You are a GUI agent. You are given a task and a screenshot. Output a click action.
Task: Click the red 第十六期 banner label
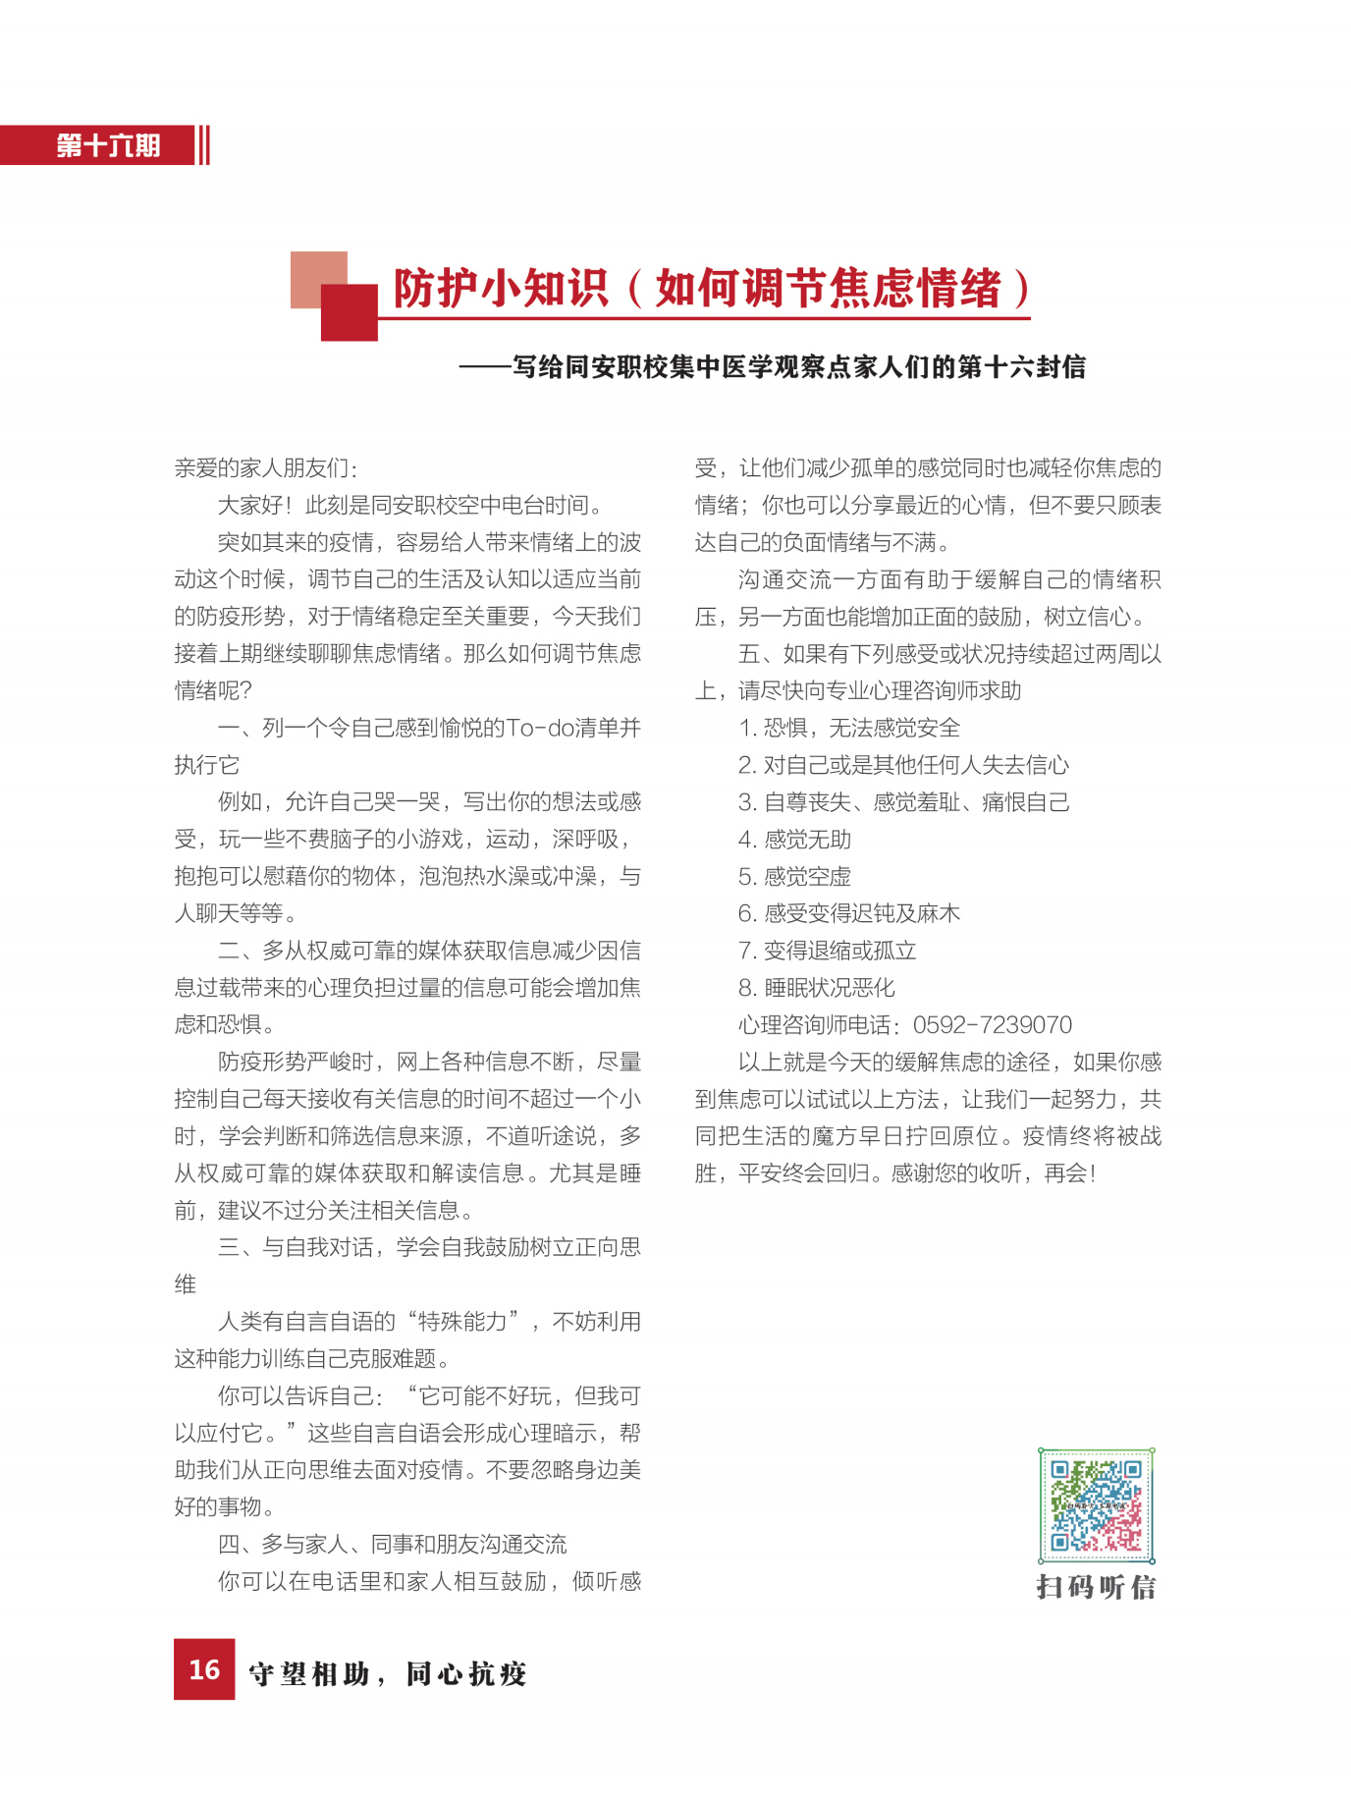(107, 145)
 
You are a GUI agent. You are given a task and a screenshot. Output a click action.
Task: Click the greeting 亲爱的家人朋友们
(265, 468)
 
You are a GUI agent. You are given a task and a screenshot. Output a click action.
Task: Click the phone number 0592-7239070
(992, 1025)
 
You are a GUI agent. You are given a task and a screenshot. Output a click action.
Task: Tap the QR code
(1096, 1504)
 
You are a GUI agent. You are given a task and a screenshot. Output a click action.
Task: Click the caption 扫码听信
(1096, 1587)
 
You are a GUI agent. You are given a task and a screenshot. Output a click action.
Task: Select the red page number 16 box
(204, 1668)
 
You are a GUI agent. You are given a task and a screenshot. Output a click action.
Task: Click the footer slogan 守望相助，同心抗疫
(388, 1673)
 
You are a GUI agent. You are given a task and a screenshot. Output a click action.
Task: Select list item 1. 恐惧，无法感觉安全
(848, 728)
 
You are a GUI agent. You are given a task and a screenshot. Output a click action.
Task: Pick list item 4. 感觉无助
(794, 840)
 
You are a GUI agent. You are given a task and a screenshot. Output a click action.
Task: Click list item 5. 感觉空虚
(794, 877)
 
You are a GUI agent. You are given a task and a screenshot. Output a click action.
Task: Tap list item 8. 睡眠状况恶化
(816, 988)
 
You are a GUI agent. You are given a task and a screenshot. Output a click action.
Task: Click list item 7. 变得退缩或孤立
(827, 951)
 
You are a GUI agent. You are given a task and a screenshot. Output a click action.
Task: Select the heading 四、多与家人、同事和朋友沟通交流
(392, 1545)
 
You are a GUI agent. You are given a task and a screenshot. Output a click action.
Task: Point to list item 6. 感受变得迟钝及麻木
(848, 913)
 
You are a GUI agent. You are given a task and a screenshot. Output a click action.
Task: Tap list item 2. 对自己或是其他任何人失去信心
(903, 765)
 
